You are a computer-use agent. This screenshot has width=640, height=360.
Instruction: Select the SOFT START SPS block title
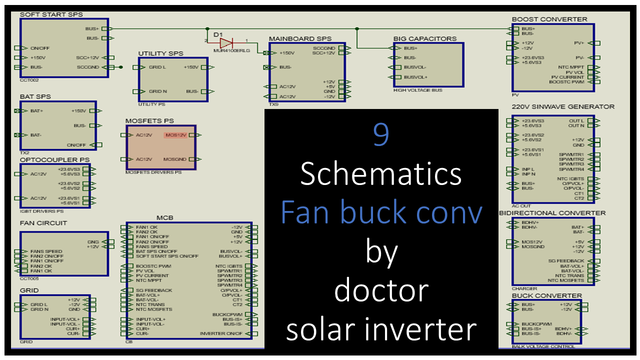click(x=51, y=15)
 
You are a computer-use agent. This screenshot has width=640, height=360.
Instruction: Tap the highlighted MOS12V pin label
click(x=175, y=135)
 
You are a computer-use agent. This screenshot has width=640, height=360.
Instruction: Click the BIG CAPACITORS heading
click(x=425, y=38)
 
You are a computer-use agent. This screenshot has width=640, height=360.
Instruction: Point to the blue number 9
click(x=381, y=135)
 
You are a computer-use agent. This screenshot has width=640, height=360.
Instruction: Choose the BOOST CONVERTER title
click(x=549, y=19)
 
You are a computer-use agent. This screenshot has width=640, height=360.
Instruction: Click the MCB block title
click(x=164, y=218)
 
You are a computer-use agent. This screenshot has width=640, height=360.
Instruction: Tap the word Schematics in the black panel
click(x=381, y=174)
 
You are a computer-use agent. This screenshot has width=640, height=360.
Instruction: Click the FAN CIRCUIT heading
click(x=43, y=223)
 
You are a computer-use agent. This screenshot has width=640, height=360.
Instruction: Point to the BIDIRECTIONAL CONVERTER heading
click(x=552, y=213)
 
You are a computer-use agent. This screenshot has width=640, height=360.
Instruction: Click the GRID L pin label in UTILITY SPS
click(x=157, y=67)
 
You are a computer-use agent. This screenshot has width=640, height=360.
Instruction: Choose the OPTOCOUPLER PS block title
click(x=54, y=159)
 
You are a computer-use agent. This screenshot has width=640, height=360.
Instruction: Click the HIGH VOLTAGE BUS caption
click(x=418, y=90)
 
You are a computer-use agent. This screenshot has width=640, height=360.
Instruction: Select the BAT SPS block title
click(x=35, y=96)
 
